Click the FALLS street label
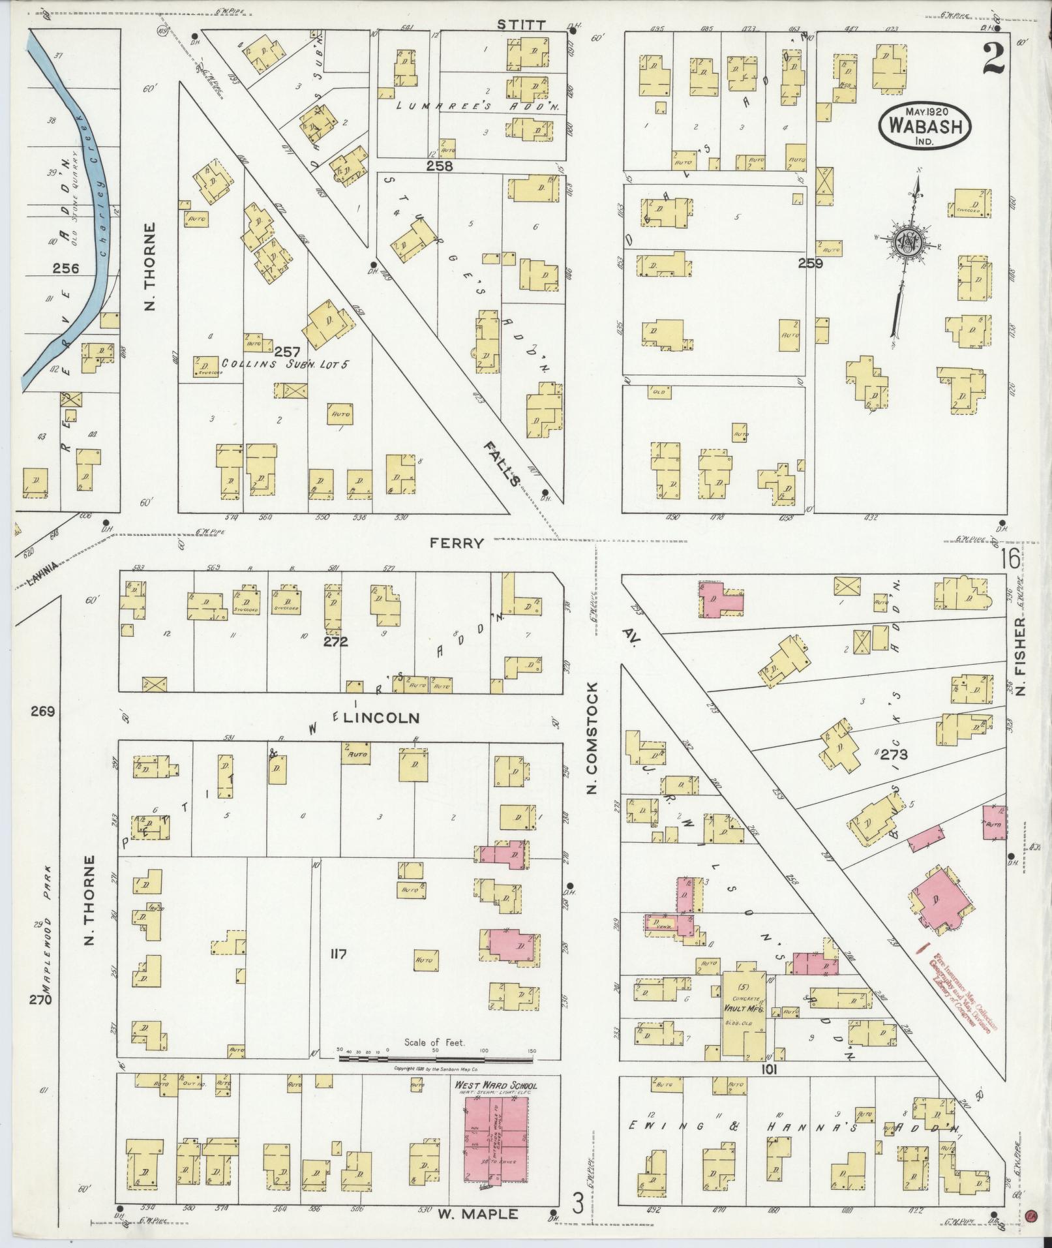[x=503, y=463]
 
